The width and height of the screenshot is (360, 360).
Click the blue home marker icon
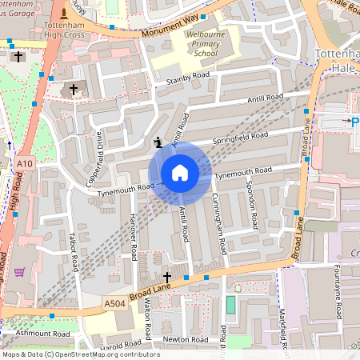pyautogui.click(x=180, y=173)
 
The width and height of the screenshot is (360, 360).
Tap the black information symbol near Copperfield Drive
pyautogui.click(x=158, y=143)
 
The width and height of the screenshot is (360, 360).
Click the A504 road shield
pyautogui.click(x=114, y=303)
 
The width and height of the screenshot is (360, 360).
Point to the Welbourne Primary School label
pyautogui.click(x=192, y=46)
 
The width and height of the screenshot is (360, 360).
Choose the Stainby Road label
pyautogui.click(x=187, y=78)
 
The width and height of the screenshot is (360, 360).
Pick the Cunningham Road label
pyautogui.click(x=218, y=226)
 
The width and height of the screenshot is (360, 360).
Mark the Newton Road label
pyautogui.click(x=178, y=338)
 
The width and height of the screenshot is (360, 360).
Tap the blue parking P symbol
pyautogui.click(x=346, y=121)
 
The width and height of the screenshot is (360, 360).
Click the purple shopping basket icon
pyautogui.click(x=18, y=272)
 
